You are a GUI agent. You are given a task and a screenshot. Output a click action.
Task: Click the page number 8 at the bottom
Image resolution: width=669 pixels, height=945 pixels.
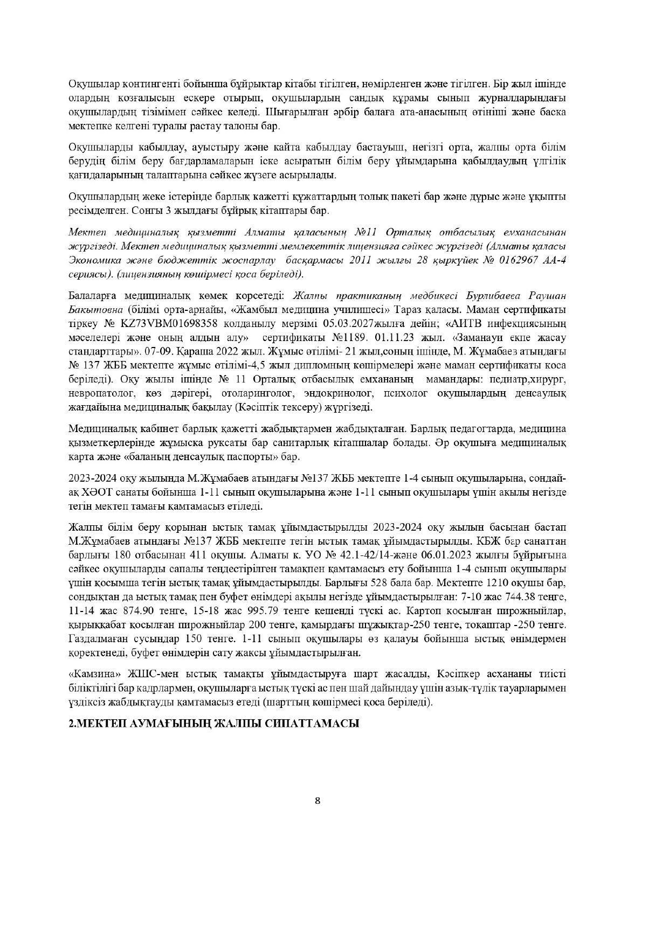coord(318,800)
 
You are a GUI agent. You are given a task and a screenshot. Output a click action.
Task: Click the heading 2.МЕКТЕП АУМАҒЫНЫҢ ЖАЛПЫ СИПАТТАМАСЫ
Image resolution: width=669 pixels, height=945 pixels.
coord(214,724)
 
